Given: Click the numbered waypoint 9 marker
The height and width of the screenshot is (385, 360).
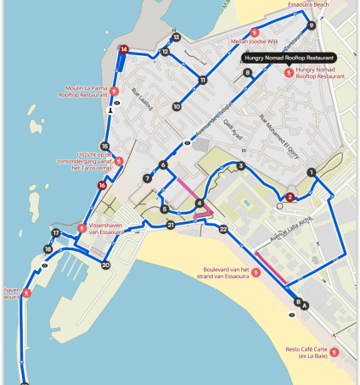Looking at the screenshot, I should coord(312,25).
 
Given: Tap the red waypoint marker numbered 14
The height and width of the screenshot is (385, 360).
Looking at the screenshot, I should coord(124,50).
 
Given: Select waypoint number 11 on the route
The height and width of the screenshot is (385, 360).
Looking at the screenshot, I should coord(202,81).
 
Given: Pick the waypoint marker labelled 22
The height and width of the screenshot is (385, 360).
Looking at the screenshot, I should coord(223,229).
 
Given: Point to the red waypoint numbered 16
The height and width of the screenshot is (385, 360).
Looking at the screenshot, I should coord(102,185).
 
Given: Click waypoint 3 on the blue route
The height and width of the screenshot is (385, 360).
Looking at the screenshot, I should coord(241,166).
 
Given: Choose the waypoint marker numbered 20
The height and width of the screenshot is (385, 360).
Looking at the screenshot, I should coord(105,265).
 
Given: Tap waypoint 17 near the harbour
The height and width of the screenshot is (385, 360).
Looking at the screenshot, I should coord(56,232).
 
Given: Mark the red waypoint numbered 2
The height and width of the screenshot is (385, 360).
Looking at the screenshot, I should coord(290,197).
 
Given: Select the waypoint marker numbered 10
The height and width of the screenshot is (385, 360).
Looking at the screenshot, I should coord(177,107).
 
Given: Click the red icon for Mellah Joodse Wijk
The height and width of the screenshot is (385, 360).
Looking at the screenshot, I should coord(254,32).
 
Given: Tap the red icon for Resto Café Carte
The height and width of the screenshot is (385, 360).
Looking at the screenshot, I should coord(335,352).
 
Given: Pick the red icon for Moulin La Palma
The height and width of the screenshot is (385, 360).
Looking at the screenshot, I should coord(113,91).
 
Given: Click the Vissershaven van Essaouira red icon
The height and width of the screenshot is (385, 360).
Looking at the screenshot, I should coord(82,227).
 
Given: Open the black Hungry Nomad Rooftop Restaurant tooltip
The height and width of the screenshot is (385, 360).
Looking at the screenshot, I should coord(289,58).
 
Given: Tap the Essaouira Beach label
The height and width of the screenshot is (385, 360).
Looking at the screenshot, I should coord(308,5).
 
